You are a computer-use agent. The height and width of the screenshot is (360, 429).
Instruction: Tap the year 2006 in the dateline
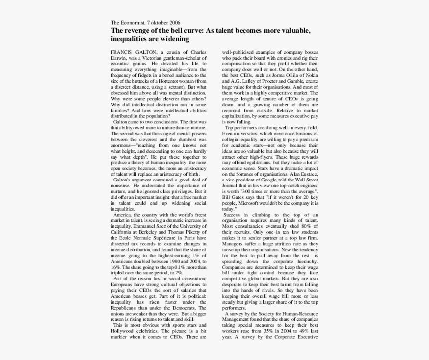click(173, 23)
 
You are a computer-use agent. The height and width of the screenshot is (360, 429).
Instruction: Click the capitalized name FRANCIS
click(121, 52)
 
